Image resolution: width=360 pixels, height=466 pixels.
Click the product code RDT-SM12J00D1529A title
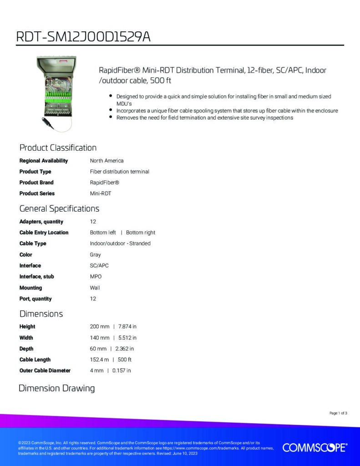click(83, 36)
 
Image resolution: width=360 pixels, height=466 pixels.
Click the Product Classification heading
click(58, 147)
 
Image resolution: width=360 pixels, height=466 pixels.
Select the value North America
click(106, 161)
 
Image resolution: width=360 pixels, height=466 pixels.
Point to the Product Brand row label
click(36, 182)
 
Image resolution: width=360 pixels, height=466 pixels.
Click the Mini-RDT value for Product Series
click(101, 193)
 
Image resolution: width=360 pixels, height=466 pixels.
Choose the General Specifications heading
click(59, 209)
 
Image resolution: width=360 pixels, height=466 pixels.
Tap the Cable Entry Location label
click(44, 233)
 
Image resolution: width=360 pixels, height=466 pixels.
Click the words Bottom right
click(141, 233)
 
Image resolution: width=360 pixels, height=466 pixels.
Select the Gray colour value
click(95, 255)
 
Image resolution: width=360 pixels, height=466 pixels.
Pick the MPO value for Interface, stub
click(96, 277)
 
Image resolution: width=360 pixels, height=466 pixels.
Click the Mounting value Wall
click(95, 288)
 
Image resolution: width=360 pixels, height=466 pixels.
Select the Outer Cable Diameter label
click(45, 370)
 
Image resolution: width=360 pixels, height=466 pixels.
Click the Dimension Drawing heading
click(56, 388)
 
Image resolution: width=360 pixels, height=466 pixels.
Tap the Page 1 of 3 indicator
click(338, 413)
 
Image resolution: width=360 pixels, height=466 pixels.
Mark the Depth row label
click(26, 349)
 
